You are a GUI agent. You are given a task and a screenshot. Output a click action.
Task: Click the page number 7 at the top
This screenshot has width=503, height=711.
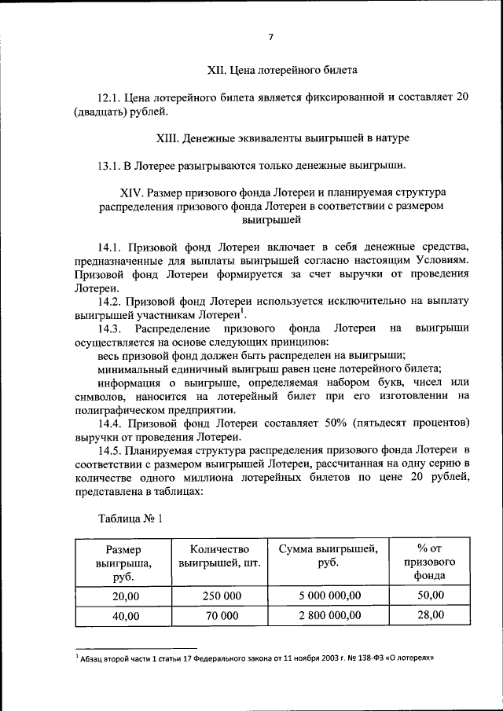click(x=270, y=37)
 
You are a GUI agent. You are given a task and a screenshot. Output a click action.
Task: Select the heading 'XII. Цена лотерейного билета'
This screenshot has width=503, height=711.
click(x=282, y=70)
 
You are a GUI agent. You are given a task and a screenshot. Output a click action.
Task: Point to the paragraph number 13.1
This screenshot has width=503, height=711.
click(x=110, y=166)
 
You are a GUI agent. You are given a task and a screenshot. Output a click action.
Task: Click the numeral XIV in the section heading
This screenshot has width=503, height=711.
click(x=131, y=192)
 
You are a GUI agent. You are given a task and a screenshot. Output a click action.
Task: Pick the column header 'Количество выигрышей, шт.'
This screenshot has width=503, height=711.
click(x=220, y=555)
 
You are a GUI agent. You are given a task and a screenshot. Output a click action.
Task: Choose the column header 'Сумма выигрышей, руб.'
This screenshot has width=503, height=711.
click(x=329, y=555)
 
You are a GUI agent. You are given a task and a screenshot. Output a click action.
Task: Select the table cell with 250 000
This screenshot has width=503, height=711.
click(x=221, y=596)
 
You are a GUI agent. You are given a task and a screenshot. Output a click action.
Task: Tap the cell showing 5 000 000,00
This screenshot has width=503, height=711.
click(x=329, y=596)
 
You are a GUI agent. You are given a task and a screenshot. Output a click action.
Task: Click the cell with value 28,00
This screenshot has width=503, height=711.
click(x=431, y=615)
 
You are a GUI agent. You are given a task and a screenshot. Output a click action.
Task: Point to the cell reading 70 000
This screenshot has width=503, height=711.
click(x=221, y=616)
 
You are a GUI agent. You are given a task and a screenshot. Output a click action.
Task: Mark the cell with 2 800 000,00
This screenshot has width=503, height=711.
click(x=329, y=616)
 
